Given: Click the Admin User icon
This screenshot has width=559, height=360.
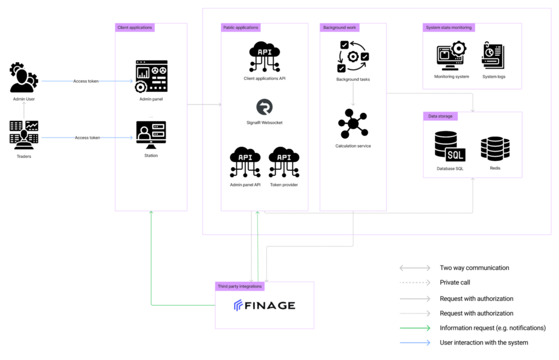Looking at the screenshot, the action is (x=23, y=78).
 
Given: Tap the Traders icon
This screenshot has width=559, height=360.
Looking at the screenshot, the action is (x=24, y=135).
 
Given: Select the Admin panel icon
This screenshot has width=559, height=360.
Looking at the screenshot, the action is (x=151, y=76).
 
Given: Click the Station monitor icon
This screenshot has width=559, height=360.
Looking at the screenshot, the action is (x=151, y=135).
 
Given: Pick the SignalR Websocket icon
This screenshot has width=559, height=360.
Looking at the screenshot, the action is (x=265, y=107).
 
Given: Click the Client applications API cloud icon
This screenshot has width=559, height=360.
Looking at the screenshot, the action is (x=265, y=56).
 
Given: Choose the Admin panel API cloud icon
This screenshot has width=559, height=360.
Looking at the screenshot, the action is (x=245, y=162).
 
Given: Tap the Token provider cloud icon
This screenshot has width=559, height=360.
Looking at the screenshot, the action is (x=284, y=162).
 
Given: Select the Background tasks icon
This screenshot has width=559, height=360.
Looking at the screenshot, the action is (x=353, y=56).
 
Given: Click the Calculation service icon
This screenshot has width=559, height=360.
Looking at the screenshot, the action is (x=353, y=123).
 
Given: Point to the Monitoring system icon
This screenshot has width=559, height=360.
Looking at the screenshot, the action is (x=451, y=56).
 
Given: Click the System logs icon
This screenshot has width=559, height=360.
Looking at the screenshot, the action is (x=493, y=55).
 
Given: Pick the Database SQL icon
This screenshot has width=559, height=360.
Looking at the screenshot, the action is (x=450, y=146).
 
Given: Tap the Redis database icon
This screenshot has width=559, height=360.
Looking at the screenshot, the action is (x=495, y=149).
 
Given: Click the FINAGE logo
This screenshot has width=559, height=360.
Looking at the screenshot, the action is (x=265, y=305).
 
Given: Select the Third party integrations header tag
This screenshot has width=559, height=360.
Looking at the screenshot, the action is (x=240, y=286).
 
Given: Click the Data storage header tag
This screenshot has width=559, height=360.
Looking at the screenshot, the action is (x=441, y=116).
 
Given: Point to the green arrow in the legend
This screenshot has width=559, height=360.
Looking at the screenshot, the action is (x=415, y=328).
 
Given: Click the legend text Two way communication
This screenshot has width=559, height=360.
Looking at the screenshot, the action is (x=474, y=268).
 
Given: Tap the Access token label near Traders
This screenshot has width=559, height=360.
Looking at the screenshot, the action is (x=87, y=138).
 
